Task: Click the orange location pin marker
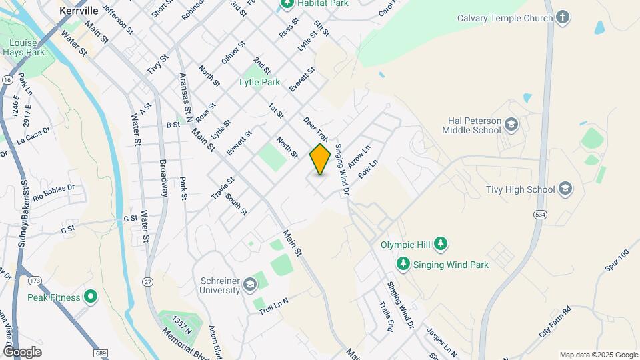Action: pos(320,159)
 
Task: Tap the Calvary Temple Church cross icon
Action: pos(563,18)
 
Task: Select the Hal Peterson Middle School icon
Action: pos(511,125)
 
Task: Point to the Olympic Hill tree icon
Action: pos(440,245)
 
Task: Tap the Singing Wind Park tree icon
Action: pos(403,265)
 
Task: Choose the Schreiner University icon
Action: pos(250,285)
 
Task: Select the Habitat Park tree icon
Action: pos(287,4)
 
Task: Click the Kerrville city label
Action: pos(79,11)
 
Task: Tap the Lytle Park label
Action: pos(259,83)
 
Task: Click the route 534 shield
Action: pos(539,214)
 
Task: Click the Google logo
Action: pos(22,352)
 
